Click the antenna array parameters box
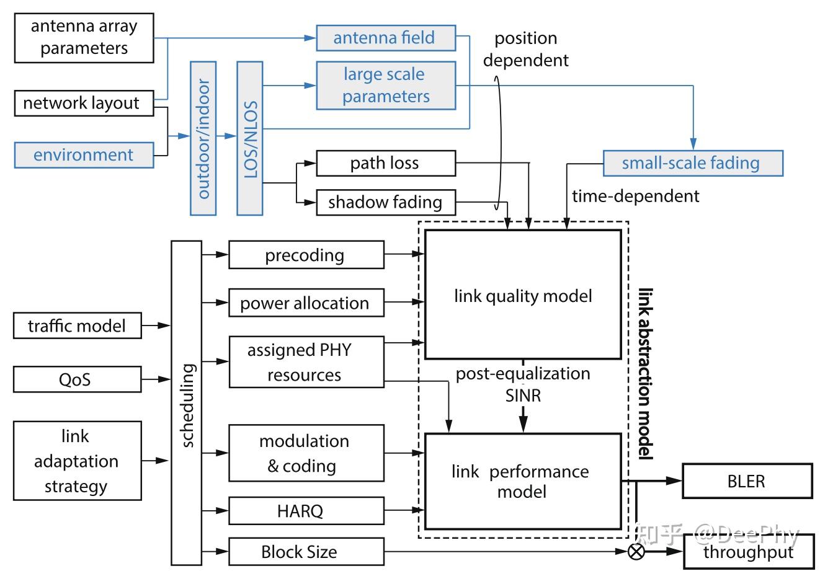tap(84, 38)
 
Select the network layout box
tap(83, 103)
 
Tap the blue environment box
tap(84, 154)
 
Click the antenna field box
tap(385, 38)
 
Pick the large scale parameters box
tap(385, 85)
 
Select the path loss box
tap(385, 163)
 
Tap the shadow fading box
tap(385, 202)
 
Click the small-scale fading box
tap(692, 163)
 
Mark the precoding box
tap(306, 255)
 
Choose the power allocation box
tap(306, 303)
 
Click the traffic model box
tap(78, 326)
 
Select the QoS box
tap(78, 379)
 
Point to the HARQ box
tap(306, 511)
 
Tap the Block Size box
tap(306, 552)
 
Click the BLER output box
tap(747, 481)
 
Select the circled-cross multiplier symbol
tap(636, 552)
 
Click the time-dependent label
tap(635, 197)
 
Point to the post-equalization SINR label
tap(523, 384)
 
